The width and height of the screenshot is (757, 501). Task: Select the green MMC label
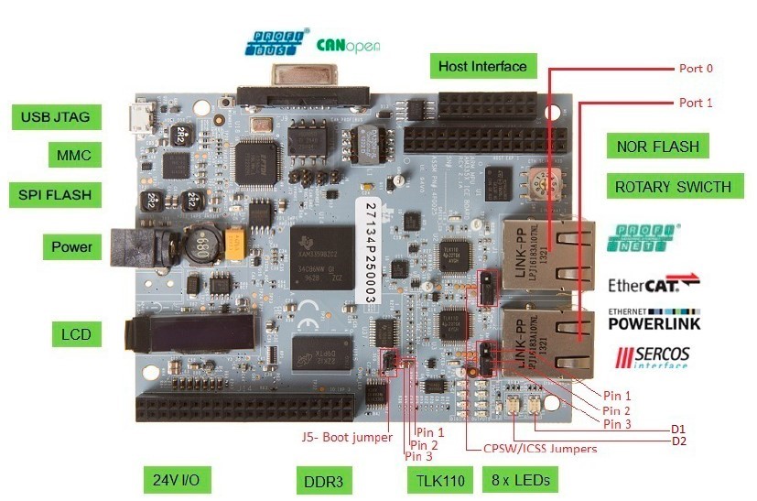tap(74, 156)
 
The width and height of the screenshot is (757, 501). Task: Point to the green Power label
tap(72, 246)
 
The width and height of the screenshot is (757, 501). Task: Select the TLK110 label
tap(437, 480)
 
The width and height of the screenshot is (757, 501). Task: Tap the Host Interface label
tap(482, 66)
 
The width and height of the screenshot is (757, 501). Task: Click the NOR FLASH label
tap(657, 147)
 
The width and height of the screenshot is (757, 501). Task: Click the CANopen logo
tap(348, 44)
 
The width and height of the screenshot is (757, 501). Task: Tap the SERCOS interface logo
tap(653, 357)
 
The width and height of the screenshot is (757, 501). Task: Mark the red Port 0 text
tap(696, 68)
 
